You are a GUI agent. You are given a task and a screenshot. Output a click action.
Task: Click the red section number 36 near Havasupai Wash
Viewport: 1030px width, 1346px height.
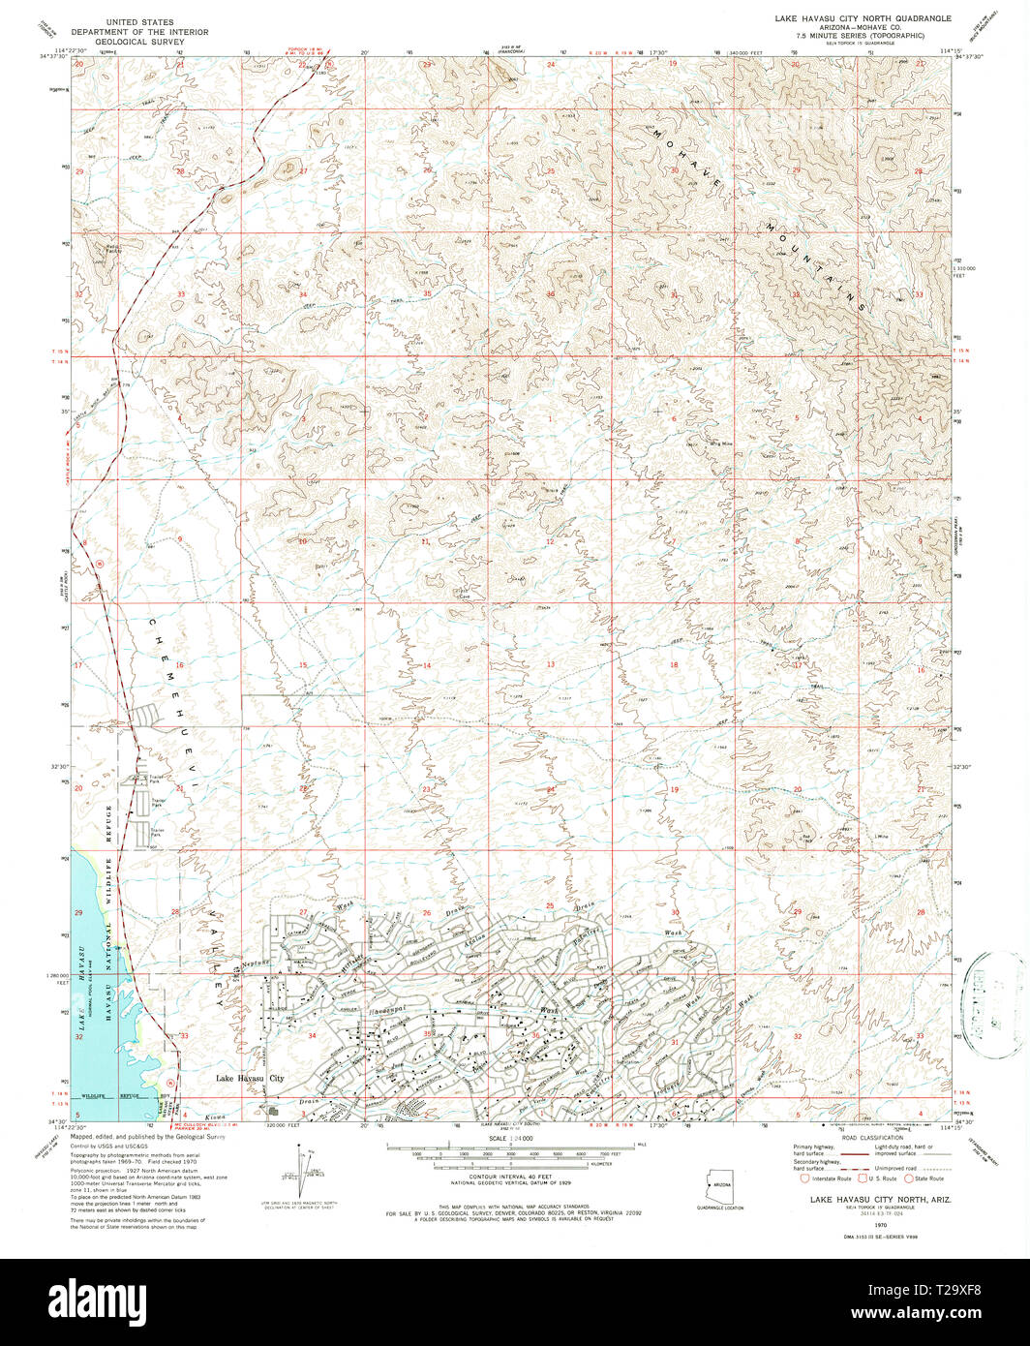pyautogui.click(x=535, y=1035)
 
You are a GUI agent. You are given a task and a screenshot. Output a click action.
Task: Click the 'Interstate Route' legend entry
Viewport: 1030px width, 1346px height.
pyautogui.click(x=826, y=1178)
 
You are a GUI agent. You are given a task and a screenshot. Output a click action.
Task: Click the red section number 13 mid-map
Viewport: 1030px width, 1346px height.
pyautogui.click(x=550, y=664)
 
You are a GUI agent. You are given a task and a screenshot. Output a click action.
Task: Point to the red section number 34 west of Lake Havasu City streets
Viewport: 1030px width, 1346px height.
pyautogui.click(x=312, y=1036)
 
